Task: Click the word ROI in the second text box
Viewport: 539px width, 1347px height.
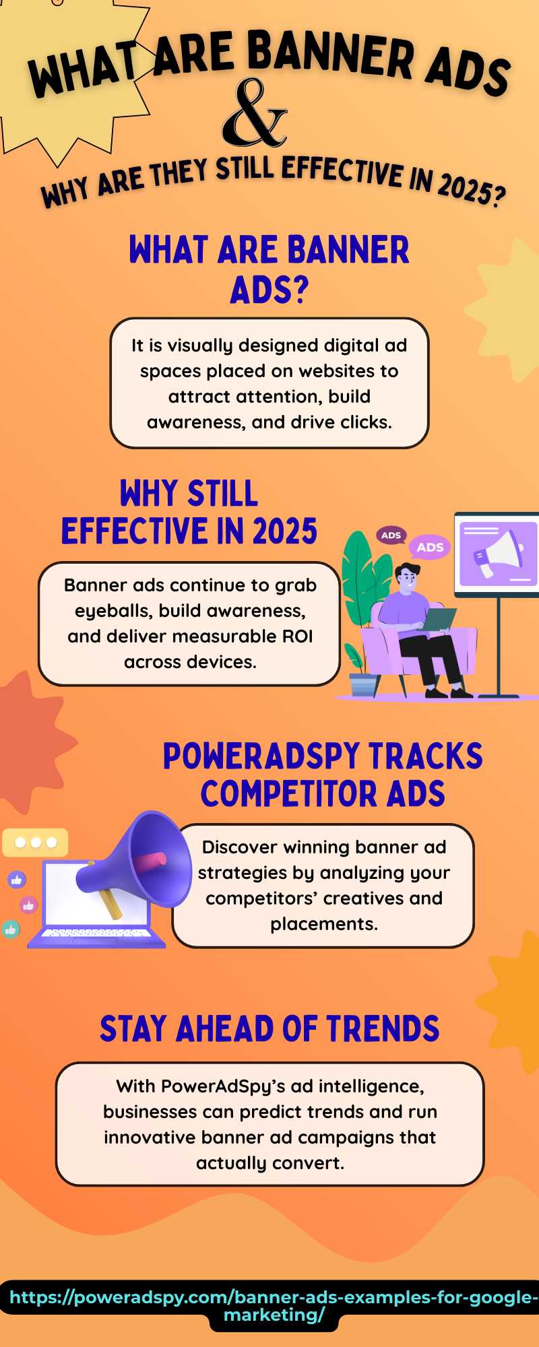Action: (x=297, y=636)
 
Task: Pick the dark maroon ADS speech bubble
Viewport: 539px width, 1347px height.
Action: (x=391, y=536)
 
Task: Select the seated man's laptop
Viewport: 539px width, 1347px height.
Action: (x=439, y=619)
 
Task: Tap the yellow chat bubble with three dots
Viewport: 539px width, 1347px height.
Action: (x=35, y=842)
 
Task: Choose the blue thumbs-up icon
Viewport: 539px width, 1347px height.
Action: (x=17, y=880)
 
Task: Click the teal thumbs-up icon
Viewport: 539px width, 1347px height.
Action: (x=10, y=929)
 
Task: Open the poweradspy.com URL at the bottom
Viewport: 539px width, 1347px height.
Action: (x=274, y=1306)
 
